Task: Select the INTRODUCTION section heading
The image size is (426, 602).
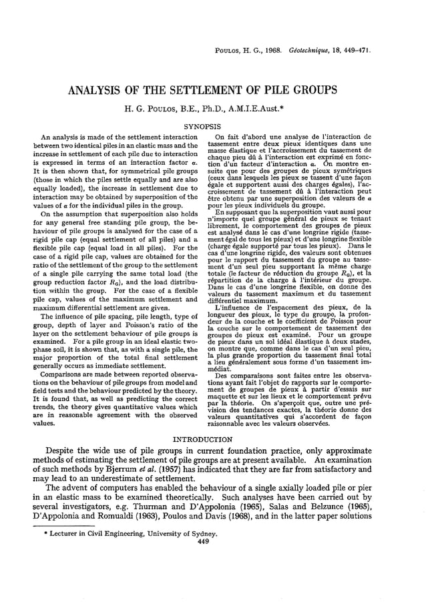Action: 212,439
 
